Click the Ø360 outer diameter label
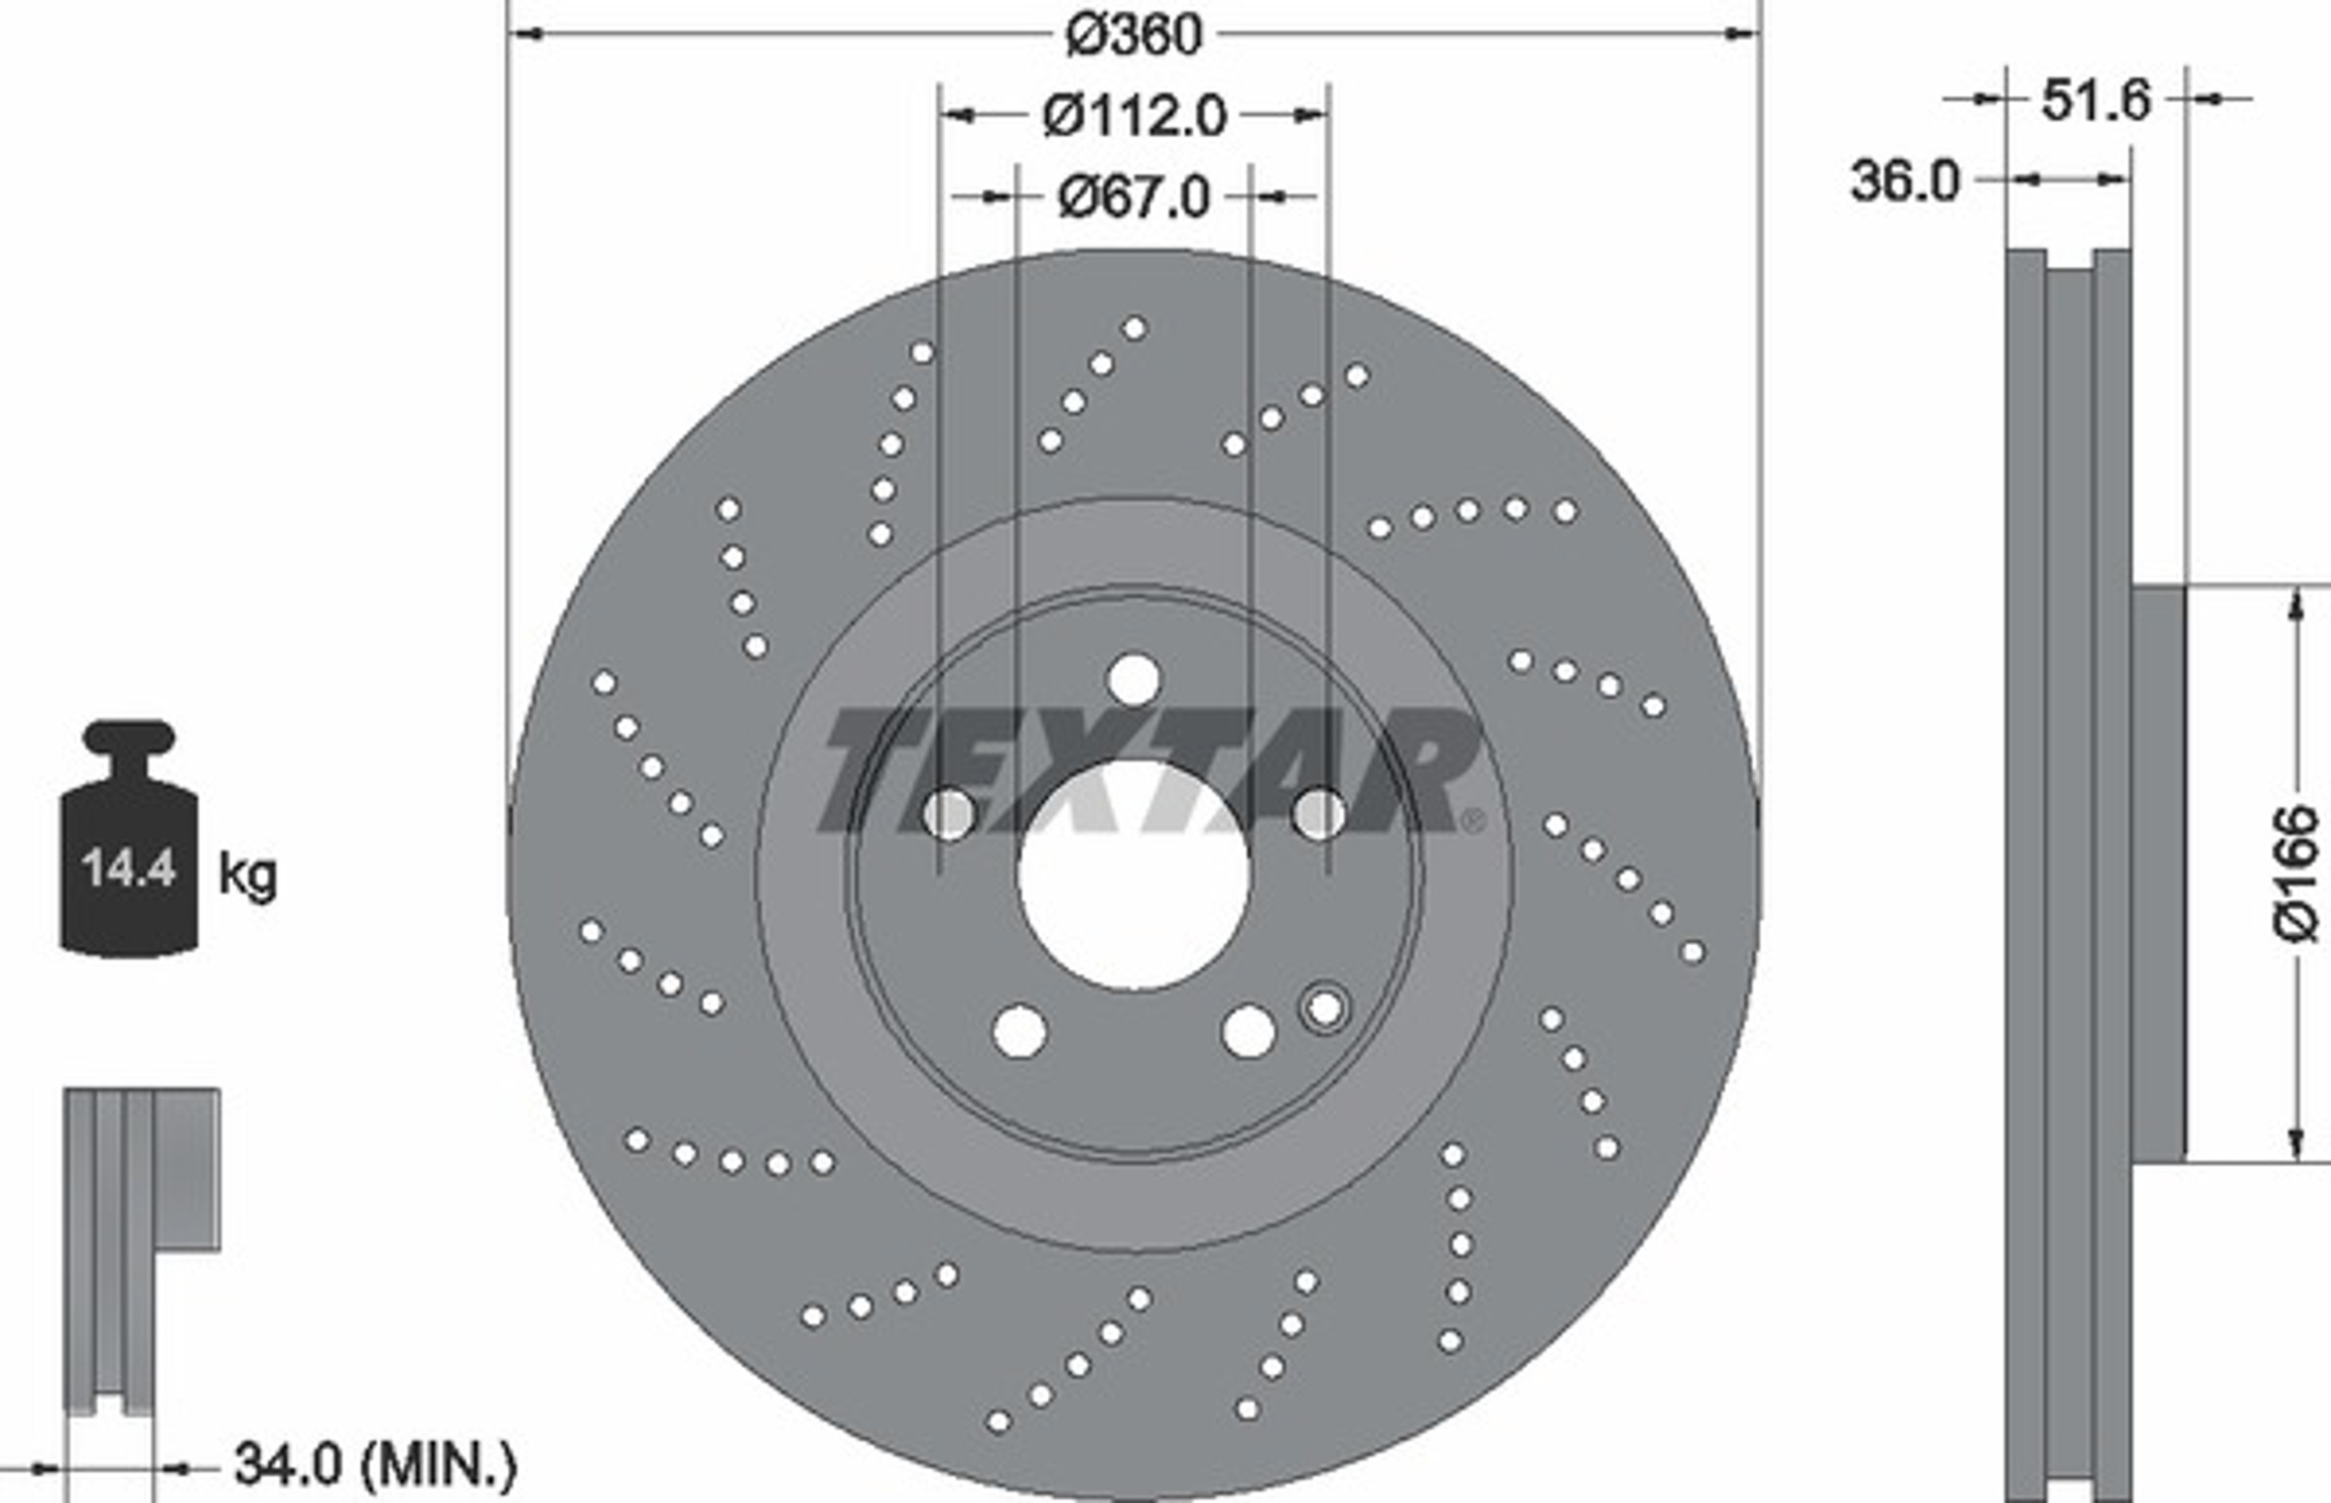[x=1133, y=36]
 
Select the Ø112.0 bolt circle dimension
[x=1133, y=117]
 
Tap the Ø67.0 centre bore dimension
[x=1133, y=198]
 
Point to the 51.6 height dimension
[x=2095, y=101]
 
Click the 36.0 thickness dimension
[x=1905, y=182]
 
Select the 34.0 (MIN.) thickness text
[x=376, y=1463]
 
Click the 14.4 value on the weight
[x=128, y=868]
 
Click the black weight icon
[x=130, y=838]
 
